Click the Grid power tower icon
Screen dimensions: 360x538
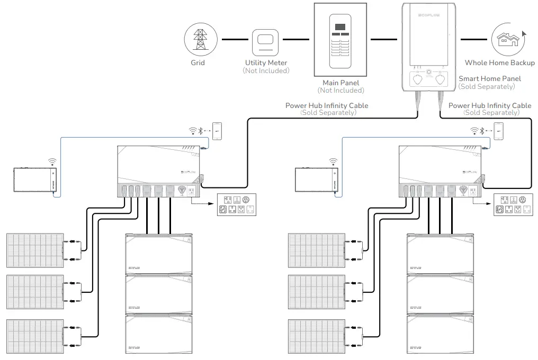pos(200,40)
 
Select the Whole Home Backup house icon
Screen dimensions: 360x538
pos(507,40)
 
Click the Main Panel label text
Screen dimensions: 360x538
pos(340,83)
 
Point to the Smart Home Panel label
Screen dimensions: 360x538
pos(489,78)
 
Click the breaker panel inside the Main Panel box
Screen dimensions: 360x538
pos(341,40)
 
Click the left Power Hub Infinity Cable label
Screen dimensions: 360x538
pos(326,105)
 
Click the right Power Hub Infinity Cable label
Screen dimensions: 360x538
pos(489,105)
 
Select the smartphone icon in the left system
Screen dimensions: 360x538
pos(217,131)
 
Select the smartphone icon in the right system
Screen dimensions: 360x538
pos(498,131)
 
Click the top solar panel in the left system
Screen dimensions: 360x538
pos(35,250)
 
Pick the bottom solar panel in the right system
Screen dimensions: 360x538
pos(316,336)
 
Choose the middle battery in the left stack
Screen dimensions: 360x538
pos(158,295)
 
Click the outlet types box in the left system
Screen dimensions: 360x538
pos(238,205)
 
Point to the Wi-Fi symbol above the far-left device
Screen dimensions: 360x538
pos(52,160)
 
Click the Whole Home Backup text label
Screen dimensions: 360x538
pos(499,63)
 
